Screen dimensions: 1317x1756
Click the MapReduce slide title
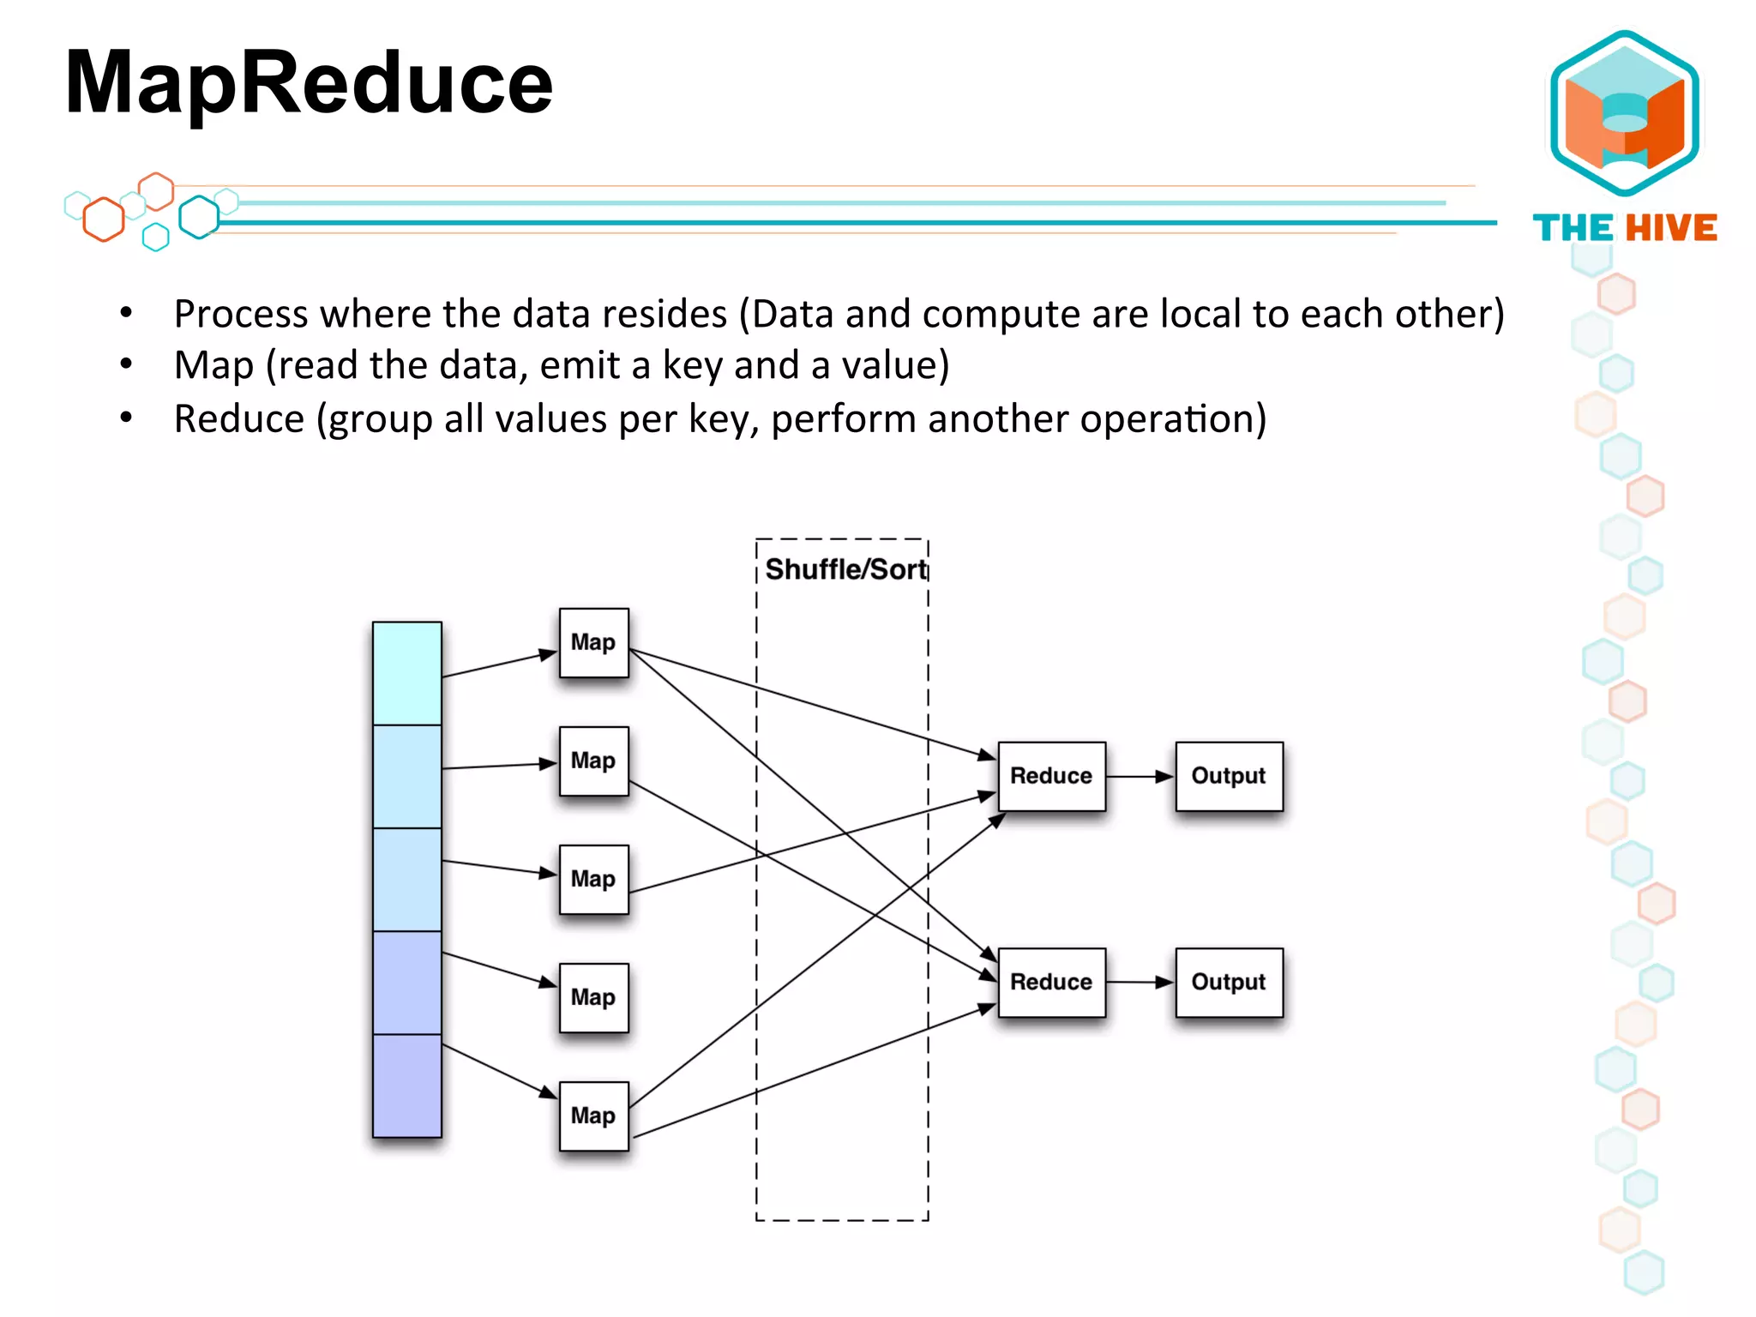309,83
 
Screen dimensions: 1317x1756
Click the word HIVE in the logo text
1672,228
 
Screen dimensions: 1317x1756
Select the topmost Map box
593,642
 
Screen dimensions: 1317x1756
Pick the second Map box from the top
593,761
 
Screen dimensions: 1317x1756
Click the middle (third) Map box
593,879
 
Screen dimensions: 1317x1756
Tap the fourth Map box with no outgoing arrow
593,997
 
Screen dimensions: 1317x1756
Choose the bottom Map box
593,1116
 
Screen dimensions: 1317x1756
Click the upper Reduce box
1051,776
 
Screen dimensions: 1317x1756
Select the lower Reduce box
1051,982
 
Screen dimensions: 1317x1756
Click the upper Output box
1229,776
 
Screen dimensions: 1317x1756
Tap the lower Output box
1229,982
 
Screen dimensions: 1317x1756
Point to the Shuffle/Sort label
845,569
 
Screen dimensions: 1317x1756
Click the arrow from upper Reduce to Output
1140,777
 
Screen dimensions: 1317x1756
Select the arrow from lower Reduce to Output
1140,982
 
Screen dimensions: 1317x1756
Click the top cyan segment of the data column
407,673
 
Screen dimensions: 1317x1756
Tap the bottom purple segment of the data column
407,1085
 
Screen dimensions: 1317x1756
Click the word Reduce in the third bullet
239,419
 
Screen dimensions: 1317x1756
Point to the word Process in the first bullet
241,314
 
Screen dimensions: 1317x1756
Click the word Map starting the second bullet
213,366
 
